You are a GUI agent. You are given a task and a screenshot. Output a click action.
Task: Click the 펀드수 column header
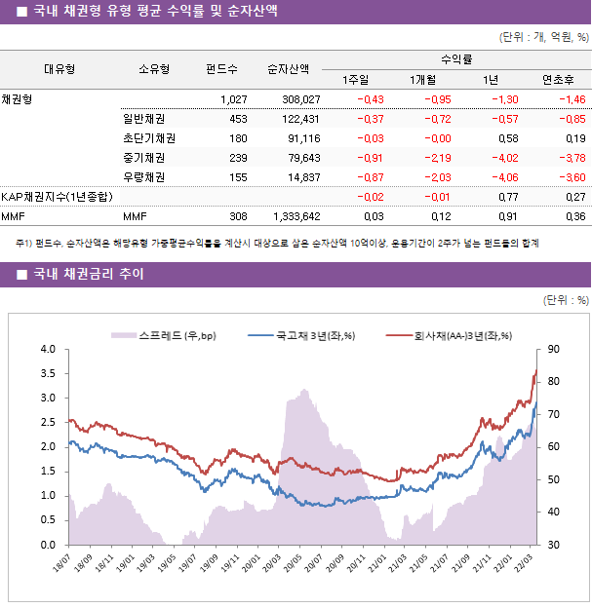[221, 69]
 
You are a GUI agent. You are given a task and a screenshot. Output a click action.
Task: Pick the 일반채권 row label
[143, 119]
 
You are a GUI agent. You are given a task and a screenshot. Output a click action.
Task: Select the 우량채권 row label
[143, 177]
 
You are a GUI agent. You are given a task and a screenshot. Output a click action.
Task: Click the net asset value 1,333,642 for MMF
[294, 216]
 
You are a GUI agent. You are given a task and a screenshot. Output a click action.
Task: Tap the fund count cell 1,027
[233, 99]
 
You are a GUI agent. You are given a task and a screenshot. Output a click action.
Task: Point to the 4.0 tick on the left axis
[47, 349]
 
